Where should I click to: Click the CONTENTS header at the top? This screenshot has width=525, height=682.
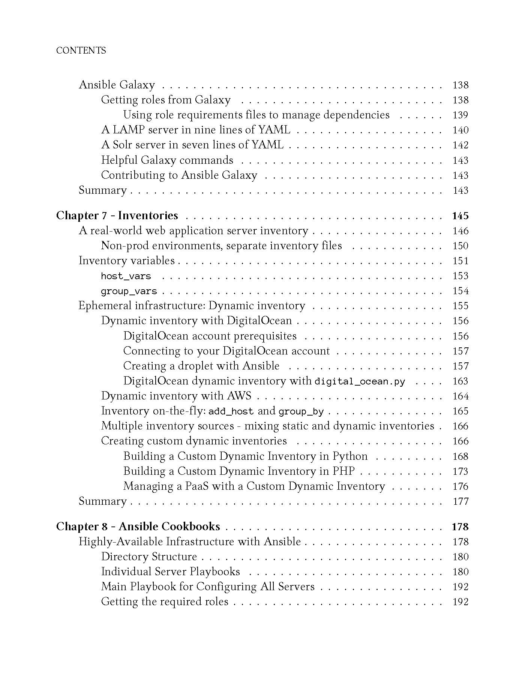[x=81, y=51]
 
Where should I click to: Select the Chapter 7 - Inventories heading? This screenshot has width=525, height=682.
[x=117, y=215]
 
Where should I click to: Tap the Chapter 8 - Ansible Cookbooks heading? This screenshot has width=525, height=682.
[x=138, y=526]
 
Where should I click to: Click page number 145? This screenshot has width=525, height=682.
[x=460, y=216]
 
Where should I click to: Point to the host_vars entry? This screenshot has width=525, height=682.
[x=126, y=276]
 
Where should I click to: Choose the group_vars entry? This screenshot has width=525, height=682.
[x=129, y=291]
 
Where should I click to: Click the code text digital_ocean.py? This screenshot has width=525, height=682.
[x=360, y=381]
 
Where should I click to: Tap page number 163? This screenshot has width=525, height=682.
[x=460, y=381]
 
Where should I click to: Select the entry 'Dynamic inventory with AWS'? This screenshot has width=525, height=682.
[x=176, y=396]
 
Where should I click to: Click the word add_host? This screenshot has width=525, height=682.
[x=231, y=411]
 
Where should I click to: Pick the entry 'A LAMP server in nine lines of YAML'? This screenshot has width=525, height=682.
[x=196, y=130]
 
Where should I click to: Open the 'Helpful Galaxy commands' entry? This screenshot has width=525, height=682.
[x=167, y=160]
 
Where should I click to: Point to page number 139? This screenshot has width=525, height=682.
[x=460, y=115]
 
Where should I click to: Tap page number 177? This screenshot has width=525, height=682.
[x=460, y=501]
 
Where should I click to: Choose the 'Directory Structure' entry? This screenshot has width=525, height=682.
[x=149, y=556]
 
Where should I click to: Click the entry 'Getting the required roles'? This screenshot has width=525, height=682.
[x=165, y=601]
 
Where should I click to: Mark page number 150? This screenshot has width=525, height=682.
[x=460, y=246]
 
